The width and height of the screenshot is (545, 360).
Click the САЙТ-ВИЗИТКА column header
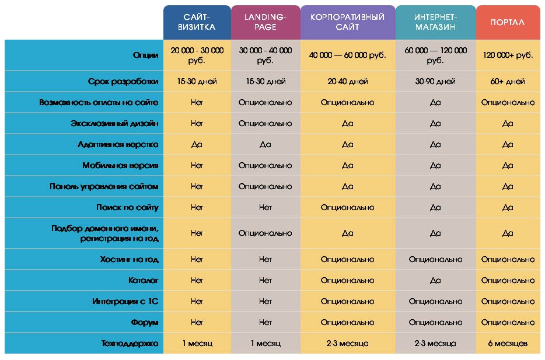(196, 23)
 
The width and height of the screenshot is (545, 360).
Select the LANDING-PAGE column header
(265, 23)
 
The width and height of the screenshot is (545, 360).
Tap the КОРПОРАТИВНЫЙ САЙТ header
(347, 23)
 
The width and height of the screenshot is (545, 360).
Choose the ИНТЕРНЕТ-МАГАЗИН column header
(435, 23)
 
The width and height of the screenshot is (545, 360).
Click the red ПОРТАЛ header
(508, 23)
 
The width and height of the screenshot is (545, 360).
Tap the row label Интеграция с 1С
(125, 302)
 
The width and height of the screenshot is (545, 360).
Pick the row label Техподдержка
(129, 344)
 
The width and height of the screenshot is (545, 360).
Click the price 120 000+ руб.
(508, 55)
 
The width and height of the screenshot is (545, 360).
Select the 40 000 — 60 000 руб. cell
(347, 55)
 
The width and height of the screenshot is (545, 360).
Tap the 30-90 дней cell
(435, 82)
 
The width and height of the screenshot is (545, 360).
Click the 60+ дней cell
(508, 82)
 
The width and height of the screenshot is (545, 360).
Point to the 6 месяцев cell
(508, 344)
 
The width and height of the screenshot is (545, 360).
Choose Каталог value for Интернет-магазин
(435, 281)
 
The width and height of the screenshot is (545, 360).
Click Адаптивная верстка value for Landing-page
(265, 145)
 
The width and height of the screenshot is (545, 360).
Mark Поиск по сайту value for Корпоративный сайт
(347, 208)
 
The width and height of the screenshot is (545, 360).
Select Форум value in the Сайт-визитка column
(197, 323)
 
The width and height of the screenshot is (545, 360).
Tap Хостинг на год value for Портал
(508, 260)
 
